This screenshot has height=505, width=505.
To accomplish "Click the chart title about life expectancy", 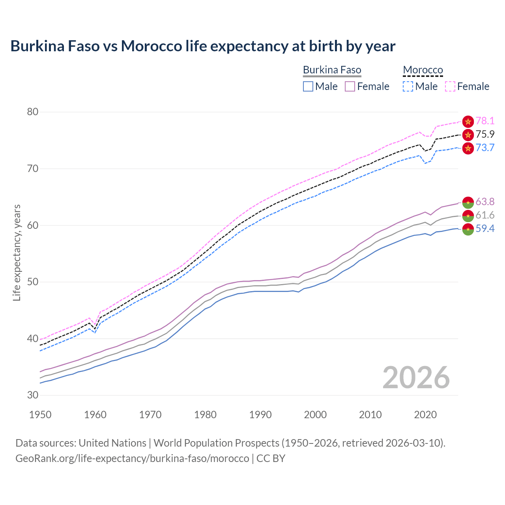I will [x=203, y=46].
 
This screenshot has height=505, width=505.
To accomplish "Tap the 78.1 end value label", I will [x=485, y=121].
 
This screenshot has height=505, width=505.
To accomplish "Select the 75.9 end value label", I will [x=485, y=135].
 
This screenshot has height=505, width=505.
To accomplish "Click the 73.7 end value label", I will [x=485, y=148].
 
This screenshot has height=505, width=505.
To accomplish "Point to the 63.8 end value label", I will [x=485, y=202].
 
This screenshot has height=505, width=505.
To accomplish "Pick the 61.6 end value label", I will [x=485, y=215].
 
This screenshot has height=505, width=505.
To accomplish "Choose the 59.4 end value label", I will [x=485, y=229].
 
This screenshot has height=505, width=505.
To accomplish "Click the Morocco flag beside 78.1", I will [x=468, y=122].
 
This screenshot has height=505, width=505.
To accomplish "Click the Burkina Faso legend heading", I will [x=332, y=70].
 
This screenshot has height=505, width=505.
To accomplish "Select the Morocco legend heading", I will [x=423, y=70].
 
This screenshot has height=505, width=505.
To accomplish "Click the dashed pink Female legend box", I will [x=450, y=86].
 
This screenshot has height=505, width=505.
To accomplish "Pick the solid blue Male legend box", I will [x=308, y=86].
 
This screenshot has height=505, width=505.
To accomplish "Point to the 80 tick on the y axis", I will [x=33, y=112].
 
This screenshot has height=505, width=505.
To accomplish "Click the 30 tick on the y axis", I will [x=33, y=395].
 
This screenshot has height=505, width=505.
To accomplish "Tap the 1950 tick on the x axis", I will [x=40, y=415].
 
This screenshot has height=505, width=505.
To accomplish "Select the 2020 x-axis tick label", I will [x=425, y=415].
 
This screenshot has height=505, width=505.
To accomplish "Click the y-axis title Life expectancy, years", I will [x=17, y=252].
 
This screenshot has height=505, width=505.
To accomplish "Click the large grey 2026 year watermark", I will [x=416, y=378].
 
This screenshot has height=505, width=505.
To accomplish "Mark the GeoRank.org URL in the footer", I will [x=132, y=458].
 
